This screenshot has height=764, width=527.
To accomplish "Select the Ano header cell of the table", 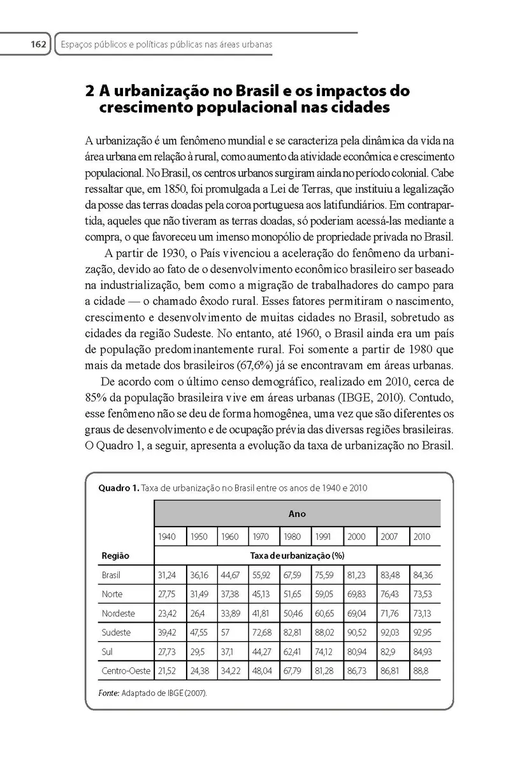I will coord(297,514).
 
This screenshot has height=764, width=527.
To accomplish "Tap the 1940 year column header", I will coord(167,537).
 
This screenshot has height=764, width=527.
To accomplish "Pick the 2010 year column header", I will coord(422,537).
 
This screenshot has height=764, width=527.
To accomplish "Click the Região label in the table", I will coord(115,555).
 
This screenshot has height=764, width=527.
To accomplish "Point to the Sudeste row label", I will coord(116,633).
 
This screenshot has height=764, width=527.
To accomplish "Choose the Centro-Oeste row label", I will coord(124,671).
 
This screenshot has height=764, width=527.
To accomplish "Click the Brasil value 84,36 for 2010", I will coord(422,576).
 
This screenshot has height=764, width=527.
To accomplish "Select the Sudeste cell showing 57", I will coord(227,633).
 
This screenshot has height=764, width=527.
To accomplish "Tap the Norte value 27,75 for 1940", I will coord(167,595).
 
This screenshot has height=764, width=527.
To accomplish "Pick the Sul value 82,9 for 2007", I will coord(387,652).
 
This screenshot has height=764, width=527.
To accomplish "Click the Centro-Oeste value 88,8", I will coord(421,671).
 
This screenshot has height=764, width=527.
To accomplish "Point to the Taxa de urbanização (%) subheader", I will coord(297,555).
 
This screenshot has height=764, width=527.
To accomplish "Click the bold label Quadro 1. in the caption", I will coord(118,488).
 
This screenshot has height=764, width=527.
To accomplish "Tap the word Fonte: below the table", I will coord(110,693).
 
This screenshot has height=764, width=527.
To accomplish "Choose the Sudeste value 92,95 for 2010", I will coord(422,633).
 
